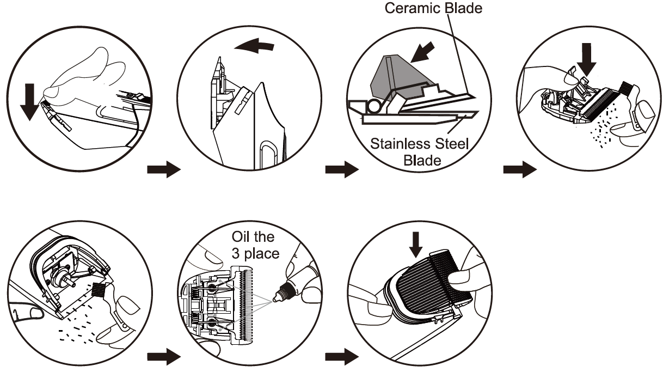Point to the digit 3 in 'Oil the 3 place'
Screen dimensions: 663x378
tap(236, 254)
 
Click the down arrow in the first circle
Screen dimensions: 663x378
tap(29, 102)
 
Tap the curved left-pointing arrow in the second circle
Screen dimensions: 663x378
tap(254, 46)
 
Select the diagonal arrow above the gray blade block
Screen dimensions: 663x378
tap(422, 52)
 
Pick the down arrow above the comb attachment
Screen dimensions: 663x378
tap(416, 245)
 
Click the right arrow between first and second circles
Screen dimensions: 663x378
tap(164, 169)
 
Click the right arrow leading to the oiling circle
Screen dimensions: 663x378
tap(164, 357)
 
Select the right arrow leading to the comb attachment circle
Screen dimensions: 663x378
tap(342, 357)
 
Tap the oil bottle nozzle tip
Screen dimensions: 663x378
tap(275, 298)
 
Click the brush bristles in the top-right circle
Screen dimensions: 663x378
tap(625, 87)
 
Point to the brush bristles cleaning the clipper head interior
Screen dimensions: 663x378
tap(97, 289)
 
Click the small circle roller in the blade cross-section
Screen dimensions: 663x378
tap(374, 107)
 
